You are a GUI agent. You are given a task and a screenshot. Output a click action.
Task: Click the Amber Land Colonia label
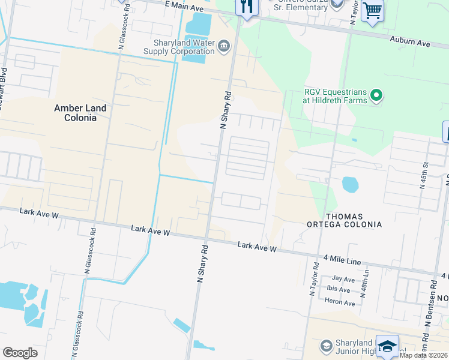[80, 113]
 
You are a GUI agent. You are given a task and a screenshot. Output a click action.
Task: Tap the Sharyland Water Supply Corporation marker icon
[223, 44]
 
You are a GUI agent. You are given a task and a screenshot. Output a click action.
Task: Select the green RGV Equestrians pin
[376, 95]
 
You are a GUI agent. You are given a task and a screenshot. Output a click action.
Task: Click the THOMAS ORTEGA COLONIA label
[353, 220]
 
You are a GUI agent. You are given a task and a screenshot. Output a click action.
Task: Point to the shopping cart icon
[372, 10]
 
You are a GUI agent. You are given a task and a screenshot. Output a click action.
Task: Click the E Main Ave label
[184, 5]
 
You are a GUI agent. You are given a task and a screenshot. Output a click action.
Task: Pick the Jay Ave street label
[343, 278]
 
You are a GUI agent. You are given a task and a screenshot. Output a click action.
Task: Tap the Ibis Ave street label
[339, 289]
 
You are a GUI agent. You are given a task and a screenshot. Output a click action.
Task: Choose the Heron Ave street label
[340, 303]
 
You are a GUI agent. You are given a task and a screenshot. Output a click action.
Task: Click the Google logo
[20, 353]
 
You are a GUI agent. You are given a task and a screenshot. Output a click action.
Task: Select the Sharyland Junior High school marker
[326, 346]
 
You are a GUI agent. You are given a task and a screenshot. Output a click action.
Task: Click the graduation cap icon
[387, 347]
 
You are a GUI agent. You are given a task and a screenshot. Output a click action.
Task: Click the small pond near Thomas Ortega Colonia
[350, 184]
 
